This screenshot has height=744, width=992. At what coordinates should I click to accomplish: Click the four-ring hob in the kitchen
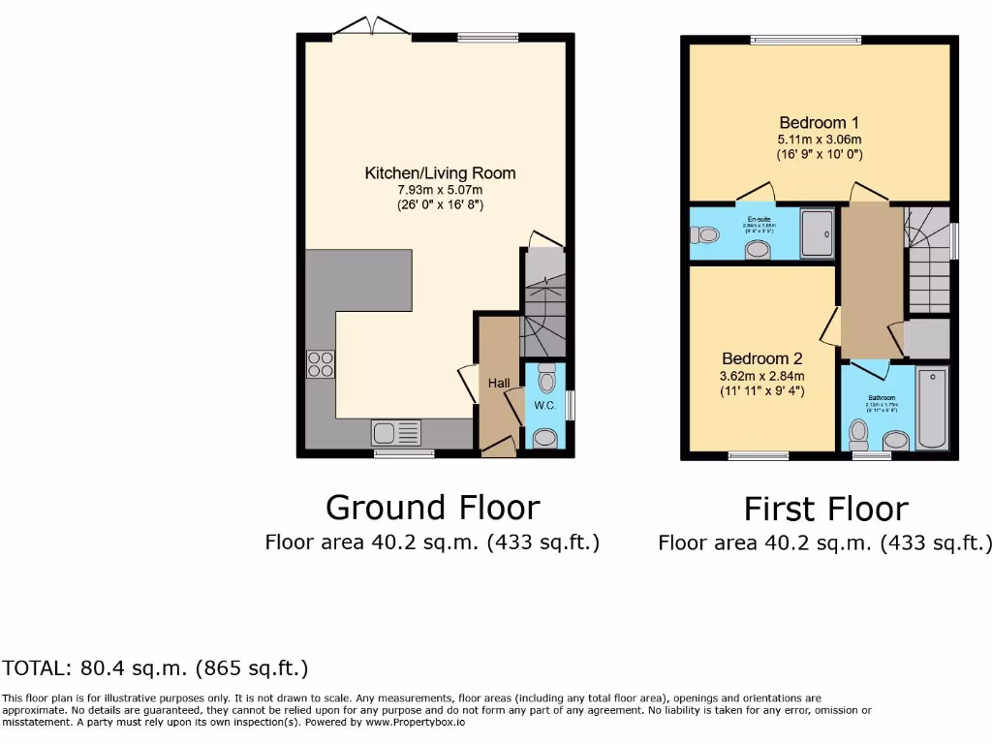pos(321,363)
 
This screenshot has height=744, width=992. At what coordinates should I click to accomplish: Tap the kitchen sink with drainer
pos(396,432)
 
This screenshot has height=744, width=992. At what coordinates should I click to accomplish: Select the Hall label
pos(499,384)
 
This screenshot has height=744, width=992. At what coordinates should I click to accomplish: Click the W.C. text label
pos(544,405)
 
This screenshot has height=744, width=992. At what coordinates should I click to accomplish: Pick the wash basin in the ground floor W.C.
pos(545,439)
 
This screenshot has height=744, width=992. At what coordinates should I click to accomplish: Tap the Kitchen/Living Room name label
pos(440,173)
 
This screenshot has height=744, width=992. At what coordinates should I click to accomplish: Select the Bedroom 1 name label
pos(819,123)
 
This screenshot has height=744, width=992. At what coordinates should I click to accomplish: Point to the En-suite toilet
pos(704,234)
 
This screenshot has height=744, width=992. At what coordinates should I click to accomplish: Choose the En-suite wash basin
pos(757,251)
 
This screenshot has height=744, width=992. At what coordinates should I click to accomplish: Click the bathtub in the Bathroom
pos(933,408)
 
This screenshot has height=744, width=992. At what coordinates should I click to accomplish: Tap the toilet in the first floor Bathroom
pos(857,430)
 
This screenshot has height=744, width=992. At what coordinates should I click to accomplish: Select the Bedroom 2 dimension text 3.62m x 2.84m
pos(761,376)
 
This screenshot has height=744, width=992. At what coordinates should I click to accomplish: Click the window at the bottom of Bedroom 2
pos(758,454)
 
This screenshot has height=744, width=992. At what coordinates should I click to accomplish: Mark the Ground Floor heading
pos(432,507)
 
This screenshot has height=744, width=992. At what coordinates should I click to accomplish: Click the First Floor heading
pos(825,509)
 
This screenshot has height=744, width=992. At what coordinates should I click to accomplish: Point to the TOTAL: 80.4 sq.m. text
pos(155,667)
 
